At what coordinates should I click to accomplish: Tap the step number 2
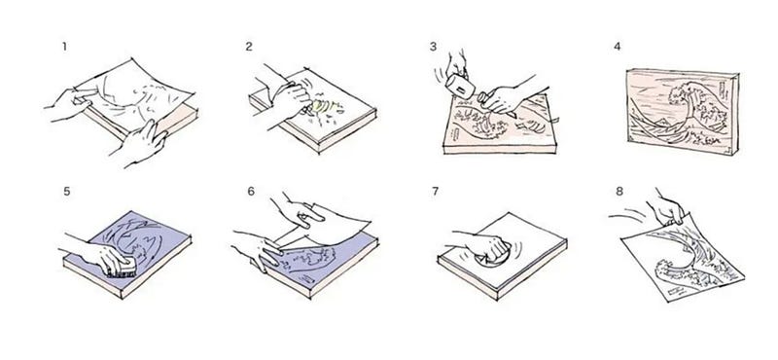(x=249, y=45)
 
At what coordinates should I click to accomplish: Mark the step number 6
(x=249, y=192)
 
